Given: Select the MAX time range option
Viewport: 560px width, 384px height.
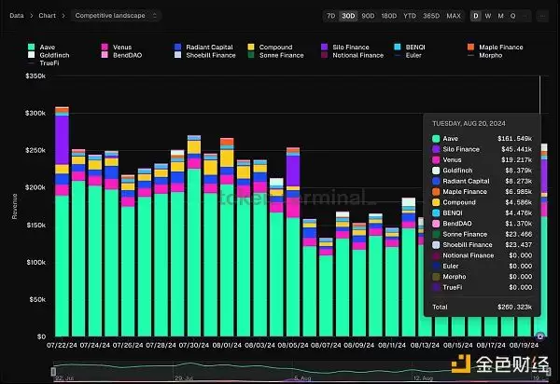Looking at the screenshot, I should click(454, 16).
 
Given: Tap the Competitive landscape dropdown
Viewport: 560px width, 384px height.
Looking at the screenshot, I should click(117, 16).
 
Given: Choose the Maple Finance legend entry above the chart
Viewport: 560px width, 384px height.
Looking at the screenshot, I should click(497, 47).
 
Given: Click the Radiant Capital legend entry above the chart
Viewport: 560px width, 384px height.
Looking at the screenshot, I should click(207, 47).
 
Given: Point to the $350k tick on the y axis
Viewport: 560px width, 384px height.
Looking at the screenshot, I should click(35, 75).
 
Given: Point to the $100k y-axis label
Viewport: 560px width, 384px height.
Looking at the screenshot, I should click(35, 262).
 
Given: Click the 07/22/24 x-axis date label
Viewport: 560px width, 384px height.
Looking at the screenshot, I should click(63, 344).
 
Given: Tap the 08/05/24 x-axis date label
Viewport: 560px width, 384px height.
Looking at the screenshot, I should click(293, 344).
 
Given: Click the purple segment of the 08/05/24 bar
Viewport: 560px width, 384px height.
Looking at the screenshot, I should click(293, 170).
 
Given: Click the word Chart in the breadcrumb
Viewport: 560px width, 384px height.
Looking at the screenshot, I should click(47, 16).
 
